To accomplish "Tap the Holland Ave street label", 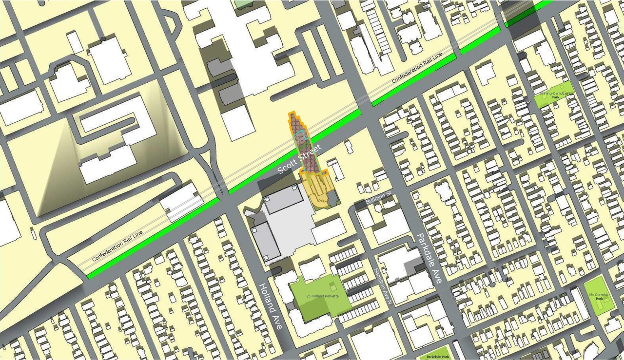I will point(270,306).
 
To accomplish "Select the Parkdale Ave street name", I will point(429,258).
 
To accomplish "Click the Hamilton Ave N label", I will point(383,287).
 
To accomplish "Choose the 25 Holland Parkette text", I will point(322,296).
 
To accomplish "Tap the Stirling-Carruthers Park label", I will point(556,95).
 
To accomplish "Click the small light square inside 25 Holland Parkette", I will point(333,287).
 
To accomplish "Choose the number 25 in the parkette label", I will point(309,296).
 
